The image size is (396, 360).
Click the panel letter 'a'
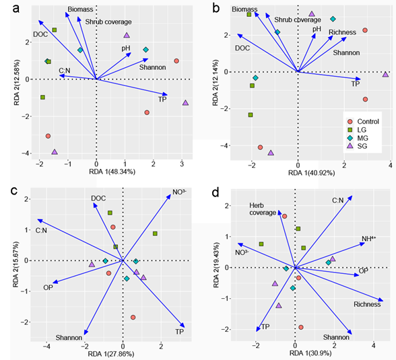click(x=16, y=9)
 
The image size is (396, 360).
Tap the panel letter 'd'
click(x=216, y=192)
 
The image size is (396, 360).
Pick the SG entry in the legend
click(x=358, y=146)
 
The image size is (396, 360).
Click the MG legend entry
click(x=358, y=138)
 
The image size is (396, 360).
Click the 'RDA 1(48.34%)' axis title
click(x=112, y=172)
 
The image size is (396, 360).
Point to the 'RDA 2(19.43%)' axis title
click(x=216, y=265)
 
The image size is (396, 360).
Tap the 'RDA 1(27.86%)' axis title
click(x=111, y=354)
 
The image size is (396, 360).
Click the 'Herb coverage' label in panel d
click(x=263, y=209)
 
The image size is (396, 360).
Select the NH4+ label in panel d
click(x=369, y=239)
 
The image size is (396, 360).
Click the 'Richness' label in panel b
click(x=342, y=32)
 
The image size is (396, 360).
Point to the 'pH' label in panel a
click(x=126, y=48)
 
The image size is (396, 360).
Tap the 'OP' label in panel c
click(x=48, y=287)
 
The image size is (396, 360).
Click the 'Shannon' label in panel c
click(x=69, y=338)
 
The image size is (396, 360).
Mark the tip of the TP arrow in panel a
click(x=168, y=95)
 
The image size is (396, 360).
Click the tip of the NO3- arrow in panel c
click(x=171, y=194)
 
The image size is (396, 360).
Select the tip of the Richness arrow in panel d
click(x=383, y=301)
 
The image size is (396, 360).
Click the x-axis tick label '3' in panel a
click(x=182, y=164)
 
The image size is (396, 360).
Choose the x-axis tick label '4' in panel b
click(x=391, y=166)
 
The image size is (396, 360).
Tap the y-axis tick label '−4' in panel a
click(x=26, y=153)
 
